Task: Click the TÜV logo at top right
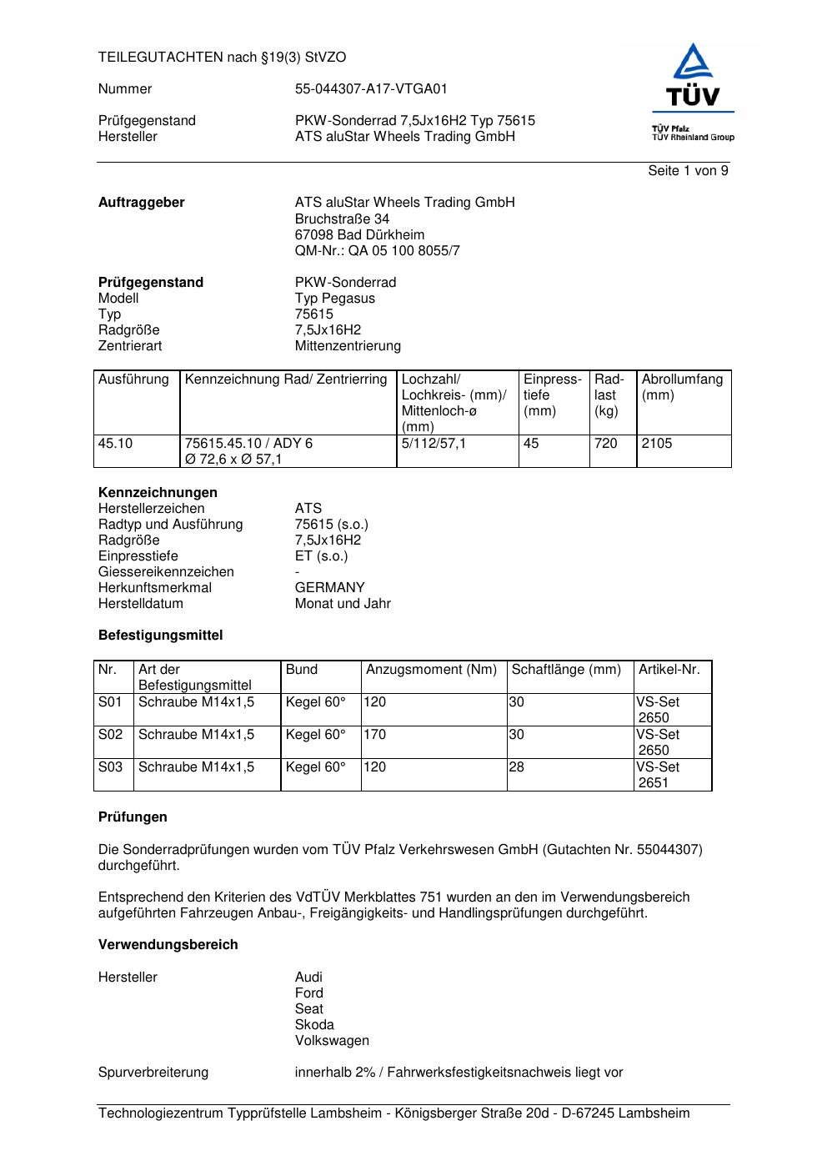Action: (x=693, y=92)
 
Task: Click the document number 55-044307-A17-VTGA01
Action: (x=371, y=89)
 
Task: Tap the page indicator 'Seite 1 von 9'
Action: (x=688, y=171)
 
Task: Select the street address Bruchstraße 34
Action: (x=342, y=219)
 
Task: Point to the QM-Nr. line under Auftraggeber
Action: (x=377, y=251)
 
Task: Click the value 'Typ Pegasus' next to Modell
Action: (x=334, y=299)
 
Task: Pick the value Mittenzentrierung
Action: (x=348, y=346)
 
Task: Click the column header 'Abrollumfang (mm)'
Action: (x=682, y=387)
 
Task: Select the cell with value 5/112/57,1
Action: (x=434, y=444)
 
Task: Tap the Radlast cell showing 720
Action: (x=606, y=444)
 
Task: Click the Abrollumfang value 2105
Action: (x=657, y=444)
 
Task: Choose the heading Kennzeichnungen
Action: (x=158, y=493)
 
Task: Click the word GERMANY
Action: (x=329, y=588)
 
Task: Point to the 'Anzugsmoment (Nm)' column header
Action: (x=431, y=670)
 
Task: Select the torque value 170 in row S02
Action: (x=375, y=735)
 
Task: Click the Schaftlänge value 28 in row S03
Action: (x=517, y=767)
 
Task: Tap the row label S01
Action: (x=110, y=702)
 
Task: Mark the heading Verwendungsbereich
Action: (x=168, y=945)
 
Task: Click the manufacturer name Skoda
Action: (x=314, y=1025)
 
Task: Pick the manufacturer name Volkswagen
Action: (x=332, y=1041)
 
